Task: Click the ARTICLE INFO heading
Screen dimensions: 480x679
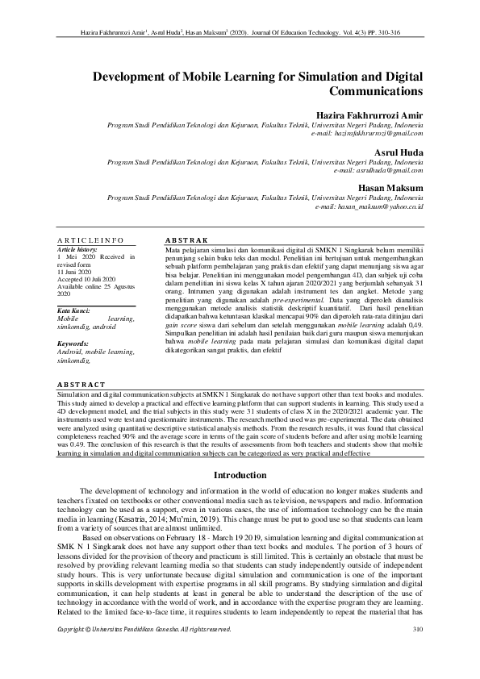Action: click(x=90, y=240)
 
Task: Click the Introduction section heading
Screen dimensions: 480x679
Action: click(x=240, y=476)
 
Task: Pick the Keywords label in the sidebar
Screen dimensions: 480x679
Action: click(x=73, y=344)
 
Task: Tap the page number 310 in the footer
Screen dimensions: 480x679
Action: click(x=417, y=651)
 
